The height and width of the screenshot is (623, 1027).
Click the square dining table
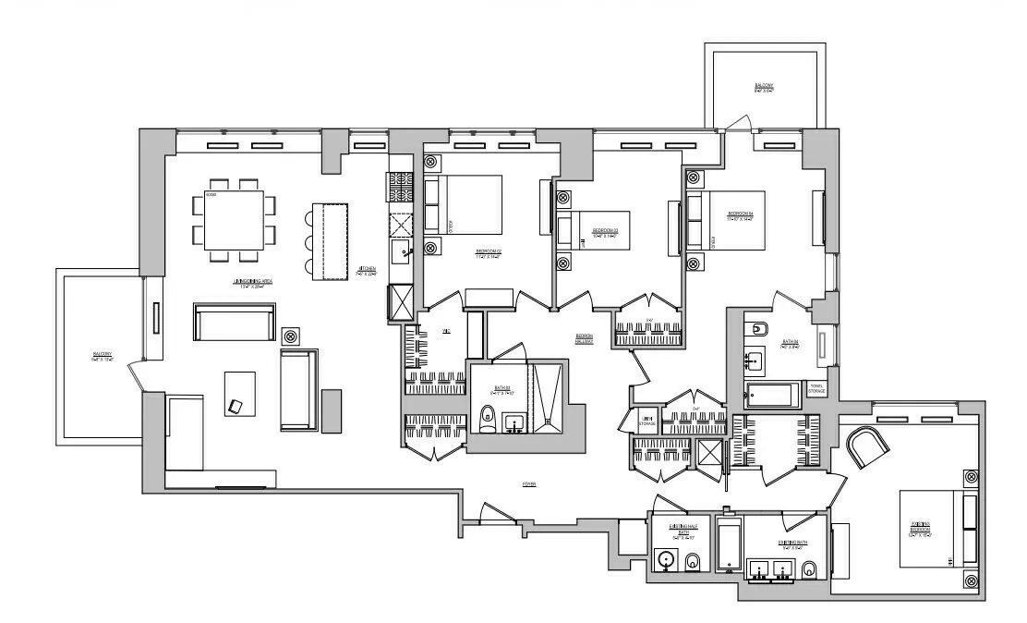[234, 220]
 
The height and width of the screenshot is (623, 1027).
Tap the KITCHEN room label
[368, 271]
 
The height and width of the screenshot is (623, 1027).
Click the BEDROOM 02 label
[488, 252]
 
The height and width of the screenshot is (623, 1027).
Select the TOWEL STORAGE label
[817, 388]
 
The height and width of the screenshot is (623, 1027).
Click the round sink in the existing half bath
[666, 560]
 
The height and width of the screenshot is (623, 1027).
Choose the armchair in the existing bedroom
[870, 448]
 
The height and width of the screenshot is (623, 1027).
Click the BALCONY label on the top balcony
[764, 88]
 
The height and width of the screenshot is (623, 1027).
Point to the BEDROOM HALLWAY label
[584, 339]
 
